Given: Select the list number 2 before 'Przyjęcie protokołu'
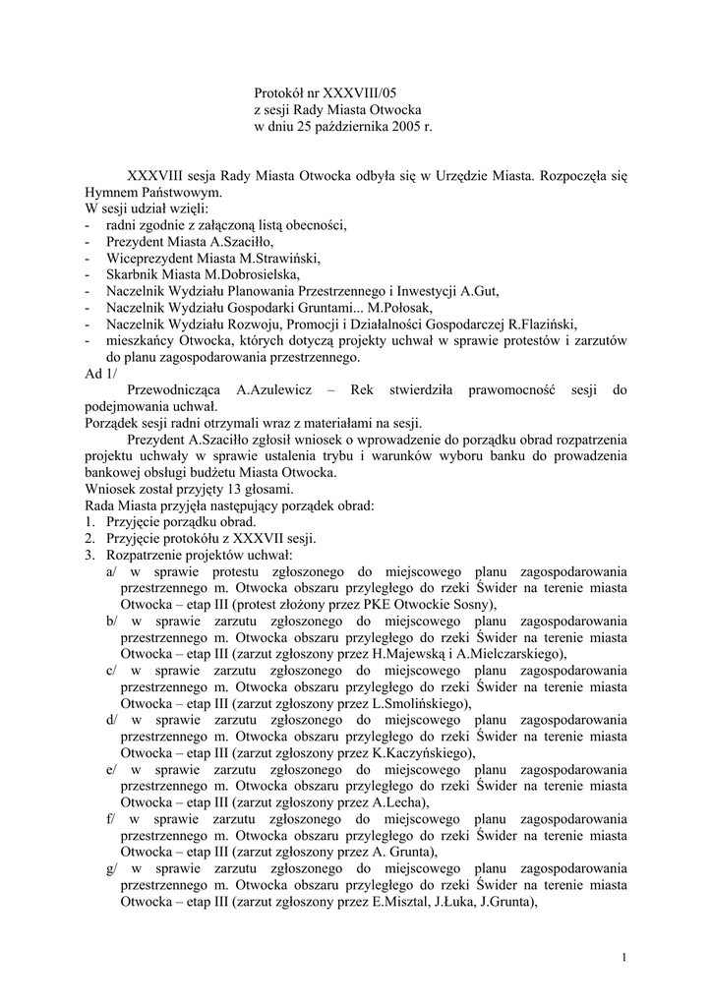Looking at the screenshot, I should pos(89,538).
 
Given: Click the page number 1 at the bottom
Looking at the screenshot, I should pos(624,958).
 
